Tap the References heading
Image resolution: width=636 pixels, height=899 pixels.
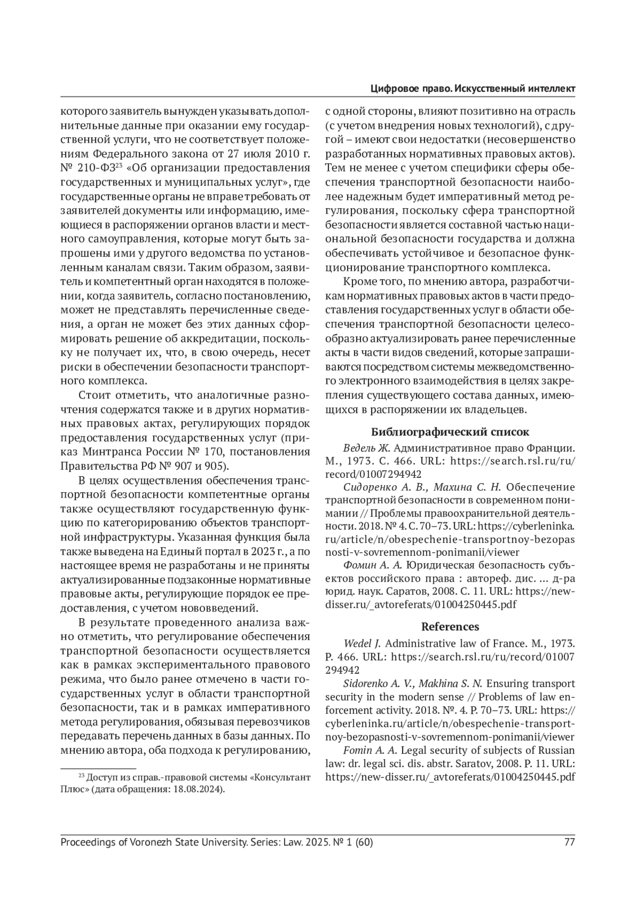point(450,627)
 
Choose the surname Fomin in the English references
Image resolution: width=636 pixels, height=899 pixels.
point(358,750)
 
